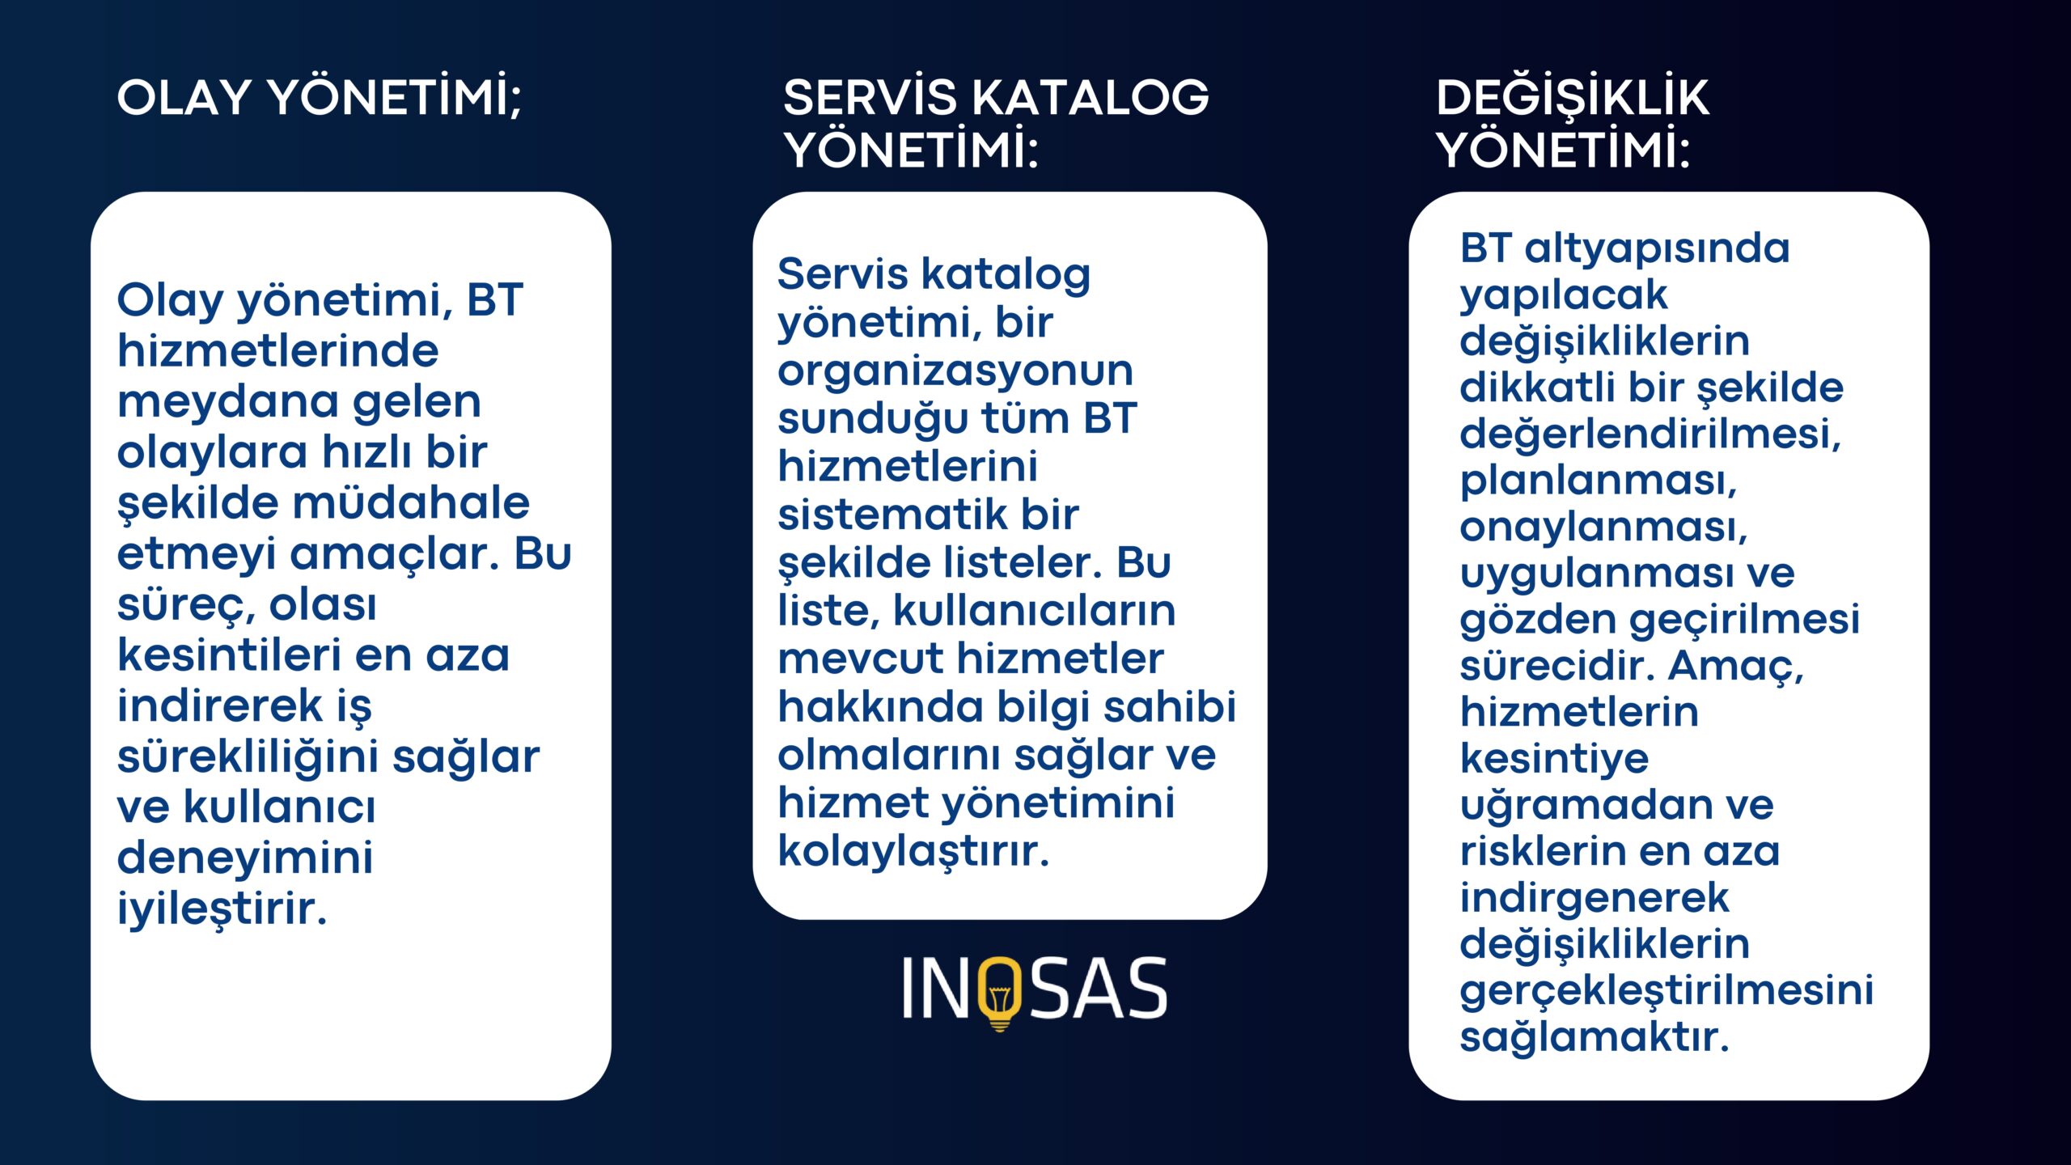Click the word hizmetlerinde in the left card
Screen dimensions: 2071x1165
click(x=277, y=350)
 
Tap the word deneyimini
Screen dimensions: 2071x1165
click(x=245, y=858)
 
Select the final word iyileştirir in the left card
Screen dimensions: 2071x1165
click(x=222, y=909)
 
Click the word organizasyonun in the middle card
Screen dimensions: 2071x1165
click(x=955, y=372)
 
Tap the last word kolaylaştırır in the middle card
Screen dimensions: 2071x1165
click(x=913, y=851)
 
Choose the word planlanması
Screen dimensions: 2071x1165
click(x=1599, y=481)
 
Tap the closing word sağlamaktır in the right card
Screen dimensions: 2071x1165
click(x=1595, y=1037)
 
